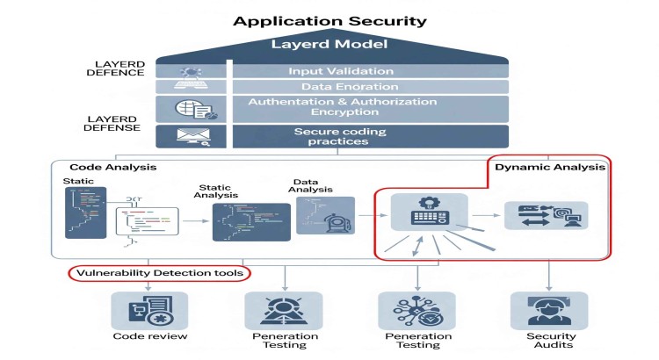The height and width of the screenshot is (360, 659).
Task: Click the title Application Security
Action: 329,20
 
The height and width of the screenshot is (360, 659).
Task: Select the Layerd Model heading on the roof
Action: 329,45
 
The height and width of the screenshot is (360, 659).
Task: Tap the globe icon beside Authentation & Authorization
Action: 190,108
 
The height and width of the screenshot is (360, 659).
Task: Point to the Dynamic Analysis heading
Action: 549,166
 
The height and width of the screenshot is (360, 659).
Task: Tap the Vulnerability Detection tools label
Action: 159,274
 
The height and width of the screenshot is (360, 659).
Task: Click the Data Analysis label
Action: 315,187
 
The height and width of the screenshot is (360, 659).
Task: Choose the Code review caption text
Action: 149,336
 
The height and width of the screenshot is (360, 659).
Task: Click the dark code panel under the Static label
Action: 85,212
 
